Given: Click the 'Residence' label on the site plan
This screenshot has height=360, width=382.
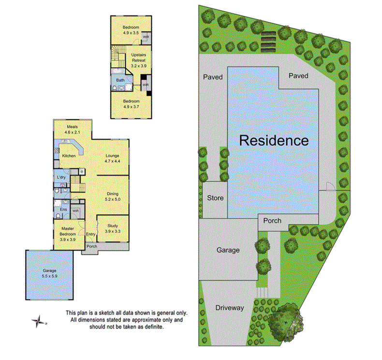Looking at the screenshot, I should pos(274,141).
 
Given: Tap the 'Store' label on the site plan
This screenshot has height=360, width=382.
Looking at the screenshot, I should pos(215,198).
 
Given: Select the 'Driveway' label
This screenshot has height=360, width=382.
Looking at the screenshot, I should pos(230,308).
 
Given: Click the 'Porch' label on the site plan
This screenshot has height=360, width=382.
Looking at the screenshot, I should pos(272,221).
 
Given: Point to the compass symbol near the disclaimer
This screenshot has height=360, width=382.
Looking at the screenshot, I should pos(38,320).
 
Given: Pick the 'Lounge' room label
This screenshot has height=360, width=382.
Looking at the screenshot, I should pos(112,156).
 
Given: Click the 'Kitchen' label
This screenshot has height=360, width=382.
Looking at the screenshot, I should pos(69,156).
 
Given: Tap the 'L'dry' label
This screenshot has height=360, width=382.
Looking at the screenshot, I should pos(61,178).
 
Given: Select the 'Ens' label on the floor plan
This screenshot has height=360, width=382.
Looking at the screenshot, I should pos(58,210).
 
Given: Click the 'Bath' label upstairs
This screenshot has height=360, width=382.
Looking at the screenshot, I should pos(120,80).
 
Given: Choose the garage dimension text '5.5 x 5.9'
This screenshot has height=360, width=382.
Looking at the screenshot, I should pos(50,276).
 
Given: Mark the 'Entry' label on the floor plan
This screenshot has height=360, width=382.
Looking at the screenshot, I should pos(90,235).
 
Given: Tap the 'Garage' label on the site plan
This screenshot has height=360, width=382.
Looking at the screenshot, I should pos(228,250).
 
